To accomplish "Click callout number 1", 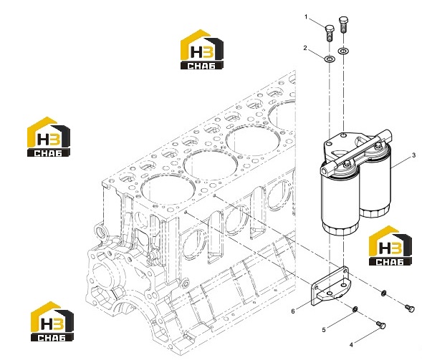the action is (306, 17).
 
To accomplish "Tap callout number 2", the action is (305, 48).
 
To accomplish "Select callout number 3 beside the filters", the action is (414, 155).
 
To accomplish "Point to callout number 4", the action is (351, 345).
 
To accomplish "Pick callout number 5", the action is (324, 330).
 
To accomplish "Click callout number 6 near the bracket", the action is (293, 311).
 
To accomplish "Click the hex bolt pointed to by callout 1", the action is (330, 33).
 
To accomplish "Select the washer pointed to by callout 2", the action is (330, 59).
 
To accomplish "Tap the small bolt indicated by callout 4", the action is (381, 325).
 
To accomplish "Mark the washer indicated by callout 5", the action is (355, 309).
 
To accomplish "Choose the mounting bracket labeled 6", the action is (330, 286).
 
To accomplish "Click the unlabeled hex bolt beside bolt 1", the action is (343, 25).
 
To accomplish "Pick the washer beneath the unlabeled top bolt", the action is (343, 51).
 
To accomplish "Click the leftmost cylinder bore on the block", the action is (168, 189).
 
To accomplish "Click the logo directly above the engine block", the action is (202, 49).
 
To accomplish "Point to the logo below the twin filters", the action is (390, 245).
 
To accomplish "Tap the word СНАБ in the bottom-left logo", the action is (52, 337).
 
